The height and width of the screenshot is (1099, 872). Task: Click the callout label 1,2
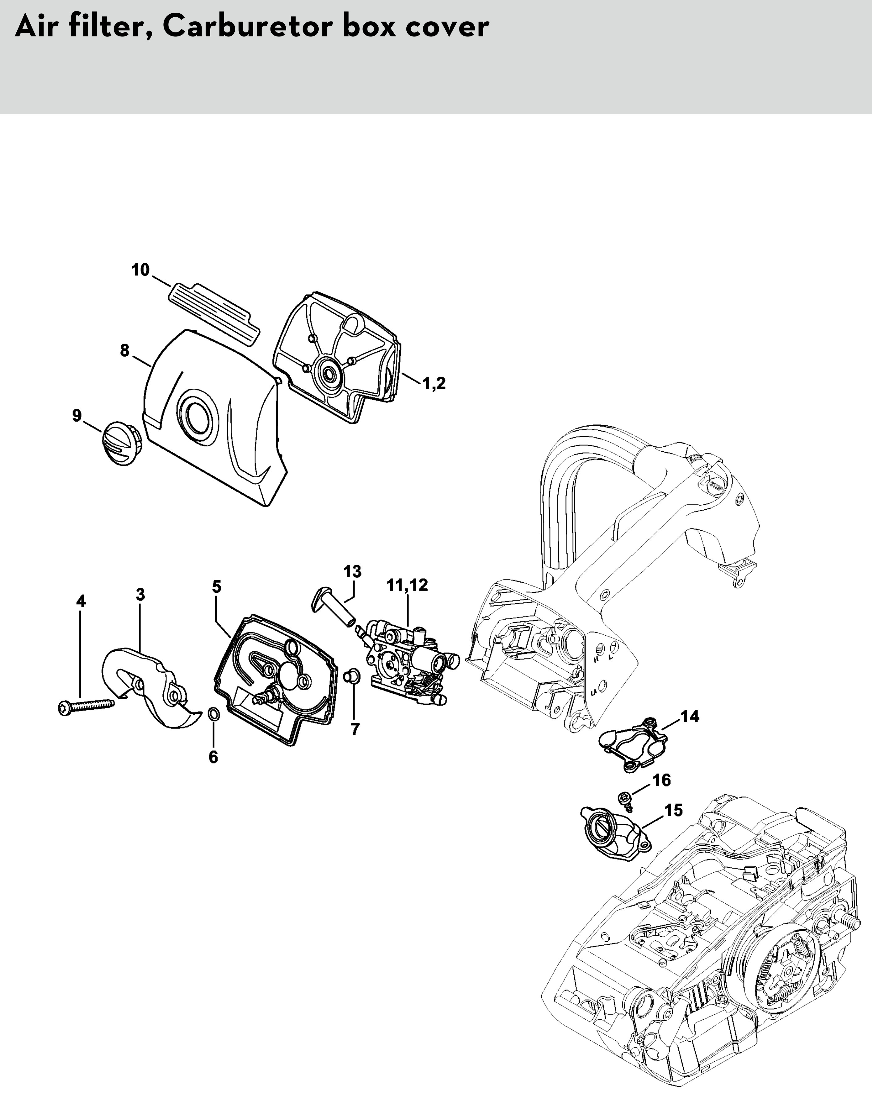(x=434, y=383)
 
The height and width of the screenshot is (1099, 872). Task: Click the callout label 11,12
(x=408, y=585)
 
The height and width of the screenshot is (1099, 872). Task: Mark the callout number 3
(x=140, y=594)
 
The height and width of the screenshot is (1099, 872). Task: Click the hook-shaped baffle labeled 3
(x=148, y=683)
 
